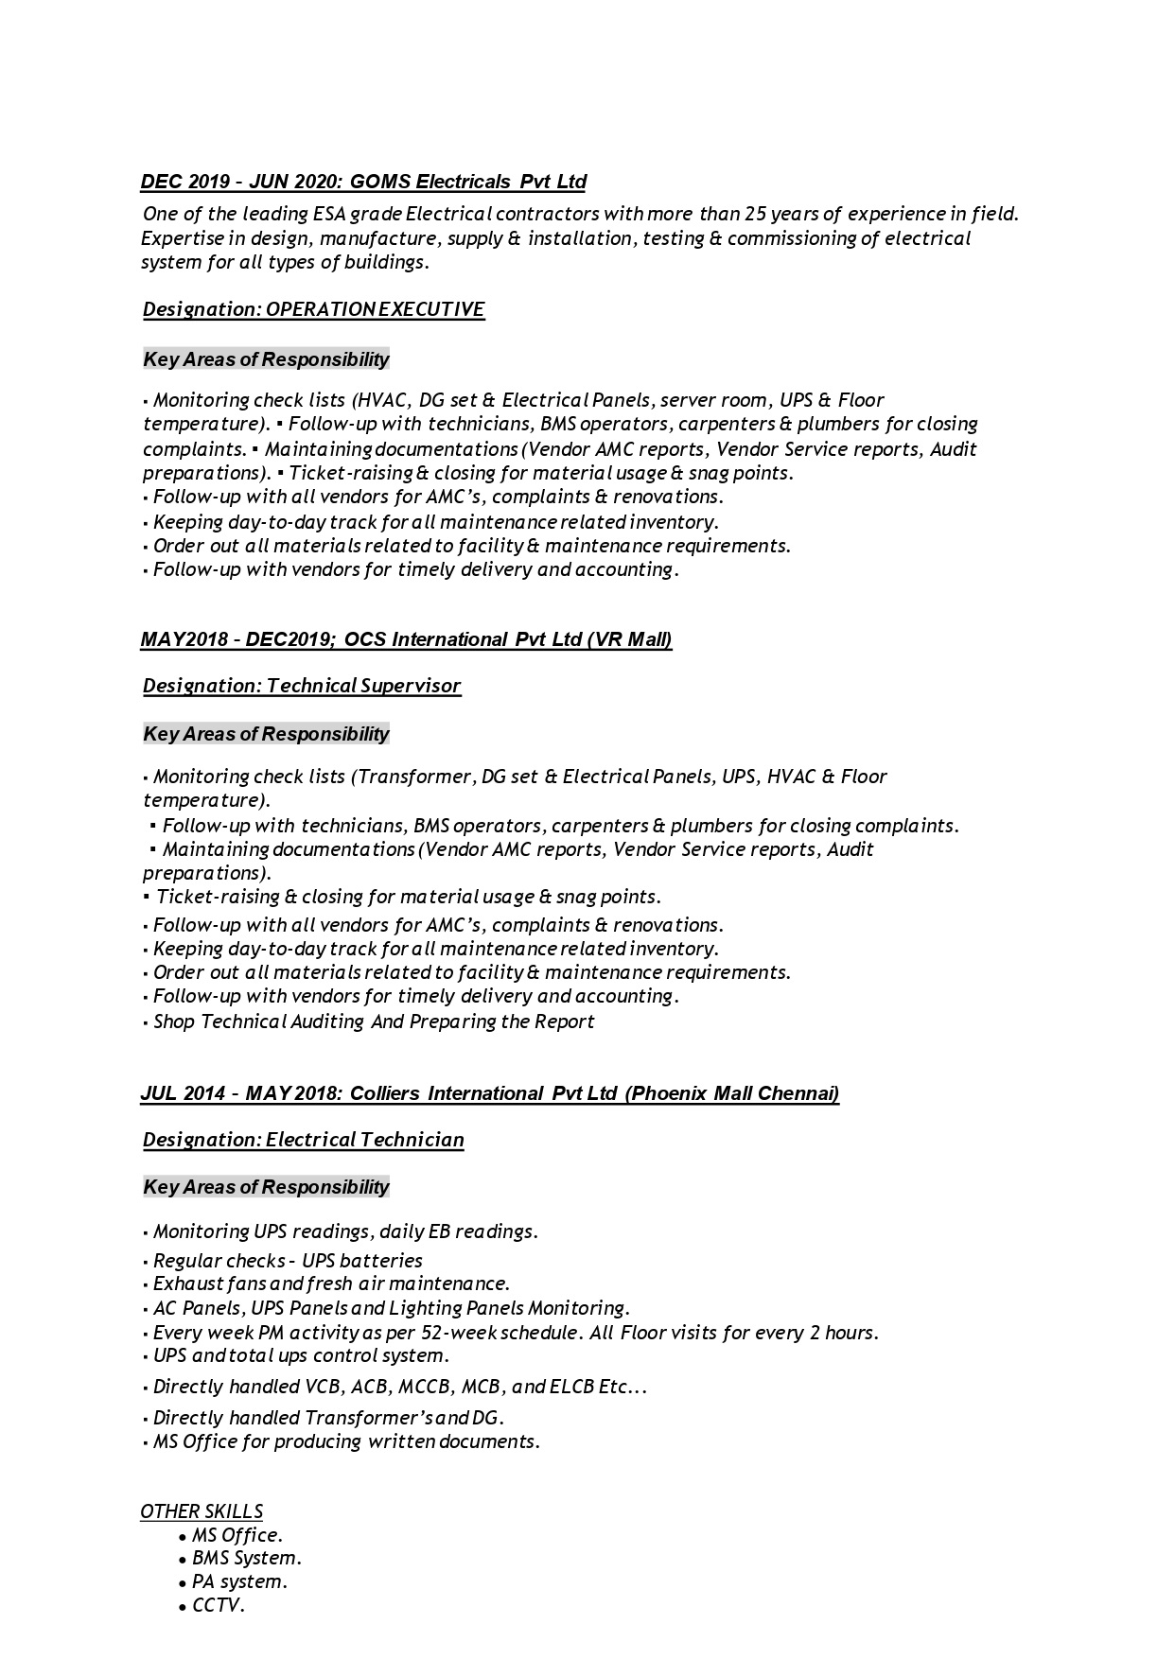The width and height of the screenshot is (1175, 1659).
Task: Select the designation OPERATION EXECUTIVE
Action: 376,309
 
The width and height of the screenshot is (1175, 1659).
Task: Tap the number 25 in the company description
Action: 756,214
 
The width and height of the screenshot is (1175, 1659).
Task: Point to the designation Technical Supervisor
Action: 364,686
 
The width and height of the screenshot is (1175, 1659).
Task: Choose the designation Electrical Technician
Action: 365,1140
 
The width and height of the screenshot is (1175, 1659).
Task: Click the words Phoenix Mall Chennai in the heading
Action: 732,1093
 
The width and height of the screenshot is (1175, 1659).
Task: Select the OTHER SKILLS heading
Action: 202,1511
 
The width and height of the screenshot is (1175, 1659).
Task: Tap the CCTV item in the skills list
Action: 219,1605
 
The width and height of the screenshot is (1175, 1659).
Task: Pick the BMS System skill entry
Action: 246,1558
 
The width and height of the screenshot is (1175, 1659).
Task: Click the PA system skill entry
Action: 239,1581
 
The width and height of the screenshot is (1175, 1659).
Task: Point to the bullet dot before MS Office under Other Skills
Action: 183,1537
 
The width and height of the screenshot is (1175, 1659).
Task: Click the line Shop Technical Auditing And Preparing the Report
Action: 374,1022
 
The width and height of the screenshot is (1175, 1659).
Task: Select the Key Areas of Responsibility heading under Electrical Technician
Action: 266,1187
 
